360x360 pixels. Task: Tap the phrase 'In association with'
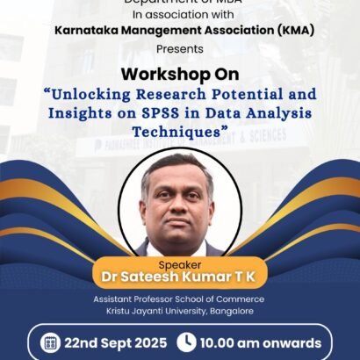pyautogui.click(x=179, y=13)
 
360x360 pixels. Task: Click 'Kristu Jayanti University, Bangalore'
pyautogui.click(x=179, y=312)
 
